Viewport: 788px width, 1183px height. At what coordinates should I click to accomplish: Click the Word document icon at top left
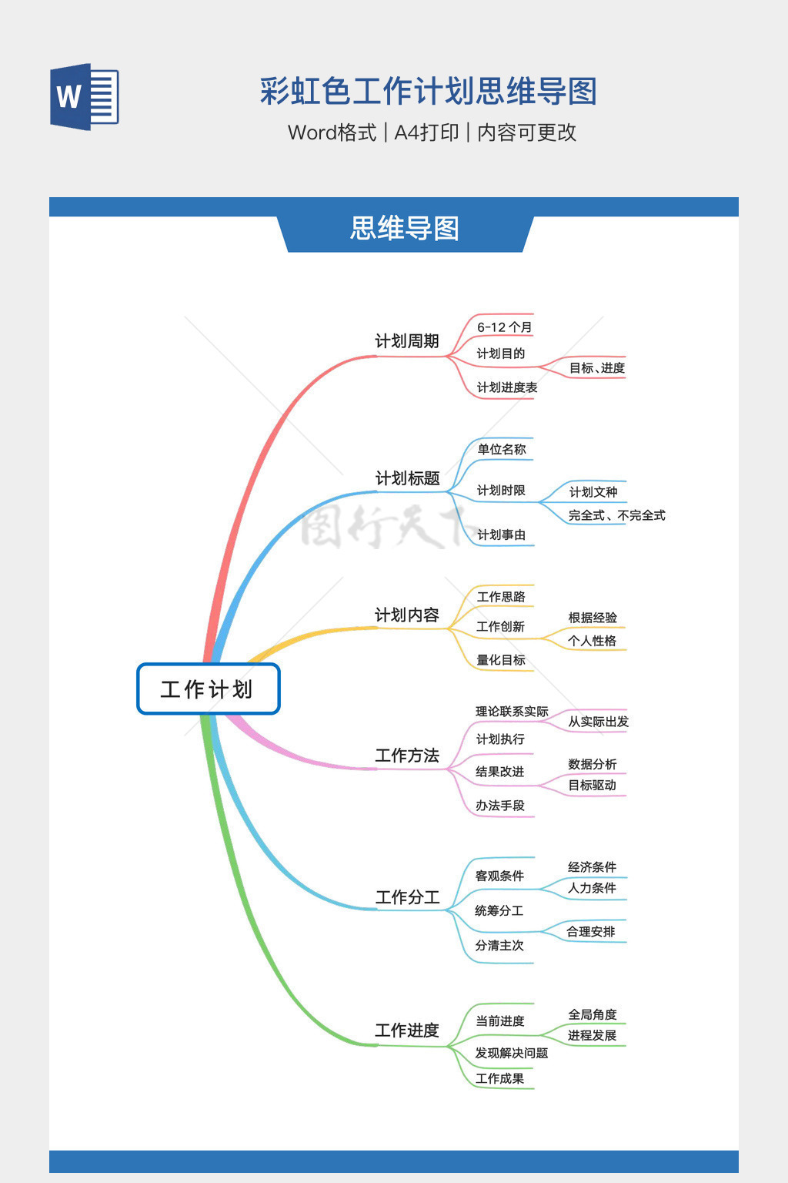tap(85, 96)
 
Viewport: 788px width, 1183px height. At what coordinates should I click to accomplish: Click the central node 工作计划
tap(208, 689)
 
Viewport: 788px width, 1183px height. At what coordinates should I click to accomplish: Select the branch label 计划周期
tap(406, 341)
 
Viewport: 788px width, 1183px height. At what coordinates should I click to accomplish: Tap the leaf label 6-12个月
tap(504, 327)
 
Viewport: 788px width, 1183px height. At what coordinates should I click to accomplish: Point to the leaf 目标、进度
tap(596, 368)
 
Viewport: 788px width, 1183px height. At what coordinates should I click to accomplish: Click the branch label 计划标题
tap(407, 478)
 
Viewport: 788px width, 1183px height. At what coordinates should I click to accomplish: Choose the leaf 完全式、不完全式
tap(616, 515)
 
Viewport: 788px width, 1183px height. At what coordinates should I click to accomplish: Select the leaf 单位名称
tap(501, 449)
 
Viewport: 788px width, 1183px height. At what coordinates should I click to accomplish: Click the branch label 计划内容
tap(406, 615)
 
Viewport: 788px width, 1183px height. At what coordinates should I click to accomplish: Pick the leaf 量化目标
tap(500, 660)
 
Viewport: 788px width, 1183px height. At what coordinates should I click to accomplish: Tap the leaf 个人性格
tap(592, 640)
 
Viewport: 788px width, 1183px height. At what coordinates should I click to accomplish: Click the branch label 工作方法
tap(406, 756)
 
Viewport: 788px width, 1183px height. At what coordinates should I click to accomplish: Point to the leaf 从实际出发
tap(598, 722)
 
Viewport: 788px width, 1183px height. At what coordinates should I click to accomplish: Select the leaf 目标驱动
tap(592, 785)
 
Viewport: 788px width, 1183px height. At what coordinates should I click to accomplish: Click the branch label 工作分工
tap(407, 897)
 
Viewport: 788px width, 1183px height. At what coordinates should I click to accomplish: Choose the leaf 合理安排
tap(590, 931)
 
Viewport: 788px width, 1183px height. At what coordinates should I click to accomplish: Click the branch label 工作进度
tap(406, 1031)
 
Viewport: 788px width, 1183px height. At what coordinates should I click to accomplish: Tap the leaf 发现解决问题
tap(511, 1053)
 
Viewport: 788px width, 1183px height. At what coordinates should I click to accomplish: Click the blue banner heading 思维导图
tap(405, 229)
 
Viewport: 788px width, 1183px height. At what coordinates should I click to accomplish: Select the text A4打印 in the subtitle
tap(426, 132)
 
